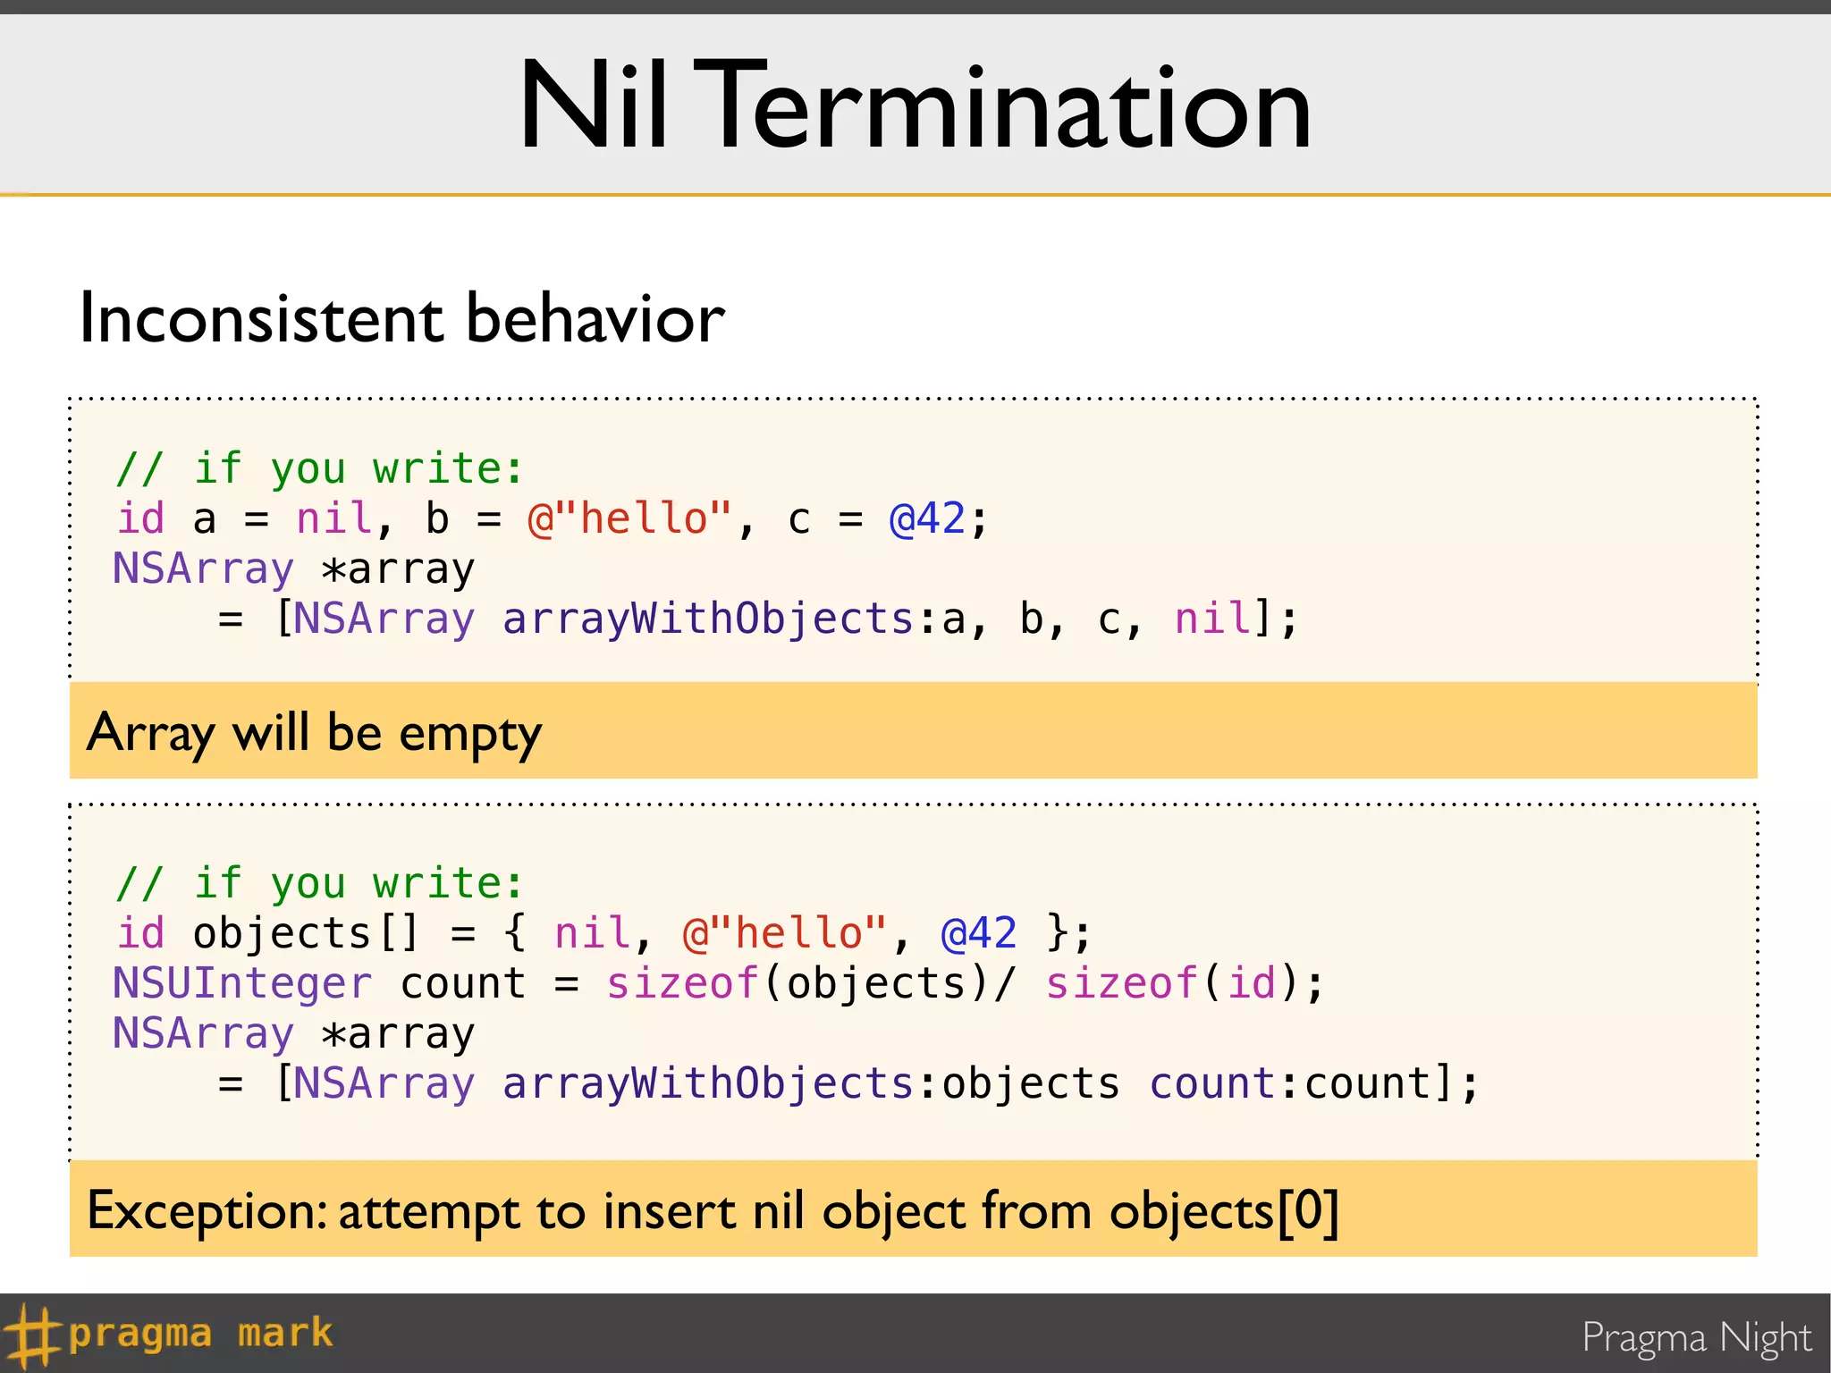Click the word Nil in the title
(594, 106)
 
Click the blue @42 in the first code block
(927, 518)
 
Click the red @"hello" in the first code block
(629, 518)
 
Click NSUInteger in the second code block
(241, 983)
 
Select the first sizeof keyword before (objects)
(683, 983)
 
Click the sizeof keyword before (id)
(1122, 983)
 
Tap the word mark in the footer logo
(285, 1334)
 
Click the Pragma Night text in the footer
(1696, 1337)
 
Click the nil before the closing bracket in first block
(1213, 619)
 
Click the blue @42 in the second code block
(979, 933)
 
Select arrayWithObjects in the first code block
(707, 619)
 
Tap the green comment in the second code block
(319, 883)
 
